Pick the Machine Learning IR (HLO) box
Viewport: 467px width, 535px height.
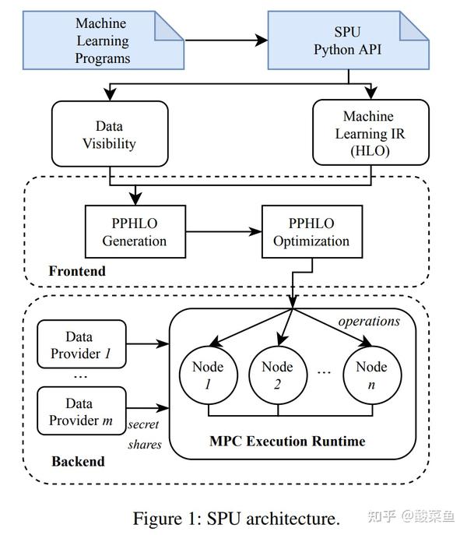[x=369, y=134]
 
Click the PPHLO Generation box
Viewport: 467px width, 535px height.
[x=134, y=232]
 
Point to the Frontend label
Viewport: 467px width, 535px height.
[x=77, y=272]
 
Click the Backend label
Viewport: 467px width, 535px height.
[x=78, y=461]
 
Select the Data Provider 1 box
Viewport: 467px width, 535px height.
[x=81, y=344]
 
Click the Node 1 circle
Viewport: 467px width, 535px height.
[x=208, y=376]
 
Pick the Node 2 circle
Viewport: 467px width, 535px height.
[x=277, y=376]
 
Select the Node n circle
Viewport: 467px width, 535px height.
[x=370, y=376]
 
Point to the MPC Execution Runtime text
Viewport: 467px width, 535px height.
[x=287, y=441]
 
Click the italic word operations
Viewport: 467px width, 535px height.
[x=370, y=322]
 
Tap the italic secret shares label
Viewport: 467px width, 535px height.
[x=145, y=435]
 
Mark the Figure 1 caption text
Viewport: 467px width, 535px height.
[x=236, y=518]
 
